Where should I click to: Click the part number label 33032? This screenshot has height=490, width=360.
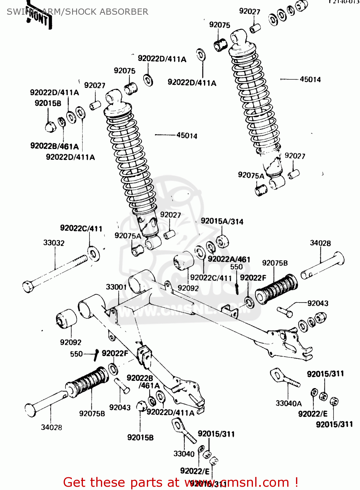(x=54, y=243)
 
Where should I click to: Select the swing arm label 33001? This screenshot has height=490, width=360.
(x=116, y=287)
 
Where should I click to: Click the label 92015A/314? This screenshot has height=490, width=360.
(x=222, y=221)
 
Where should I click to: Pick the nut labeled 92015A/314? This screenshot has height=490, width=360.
(x=223, y=241)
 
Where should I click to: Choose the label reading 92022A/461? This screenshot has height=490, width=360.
(x=229, y=259)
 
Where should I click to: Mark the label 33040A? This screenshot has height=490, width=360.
(x=289, y=403)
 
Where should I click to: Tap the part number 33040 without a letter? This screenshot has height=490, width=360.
(x=184, y=454)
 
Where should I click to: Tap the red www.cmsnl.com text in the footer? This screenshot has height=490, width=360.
(x=237, y=482)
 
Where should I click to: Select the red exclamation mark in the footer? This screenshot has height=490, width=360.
(x=296, y=482)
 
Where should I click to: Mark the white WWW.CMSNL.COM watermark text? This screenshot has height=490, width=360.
(x=183, y=310)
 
